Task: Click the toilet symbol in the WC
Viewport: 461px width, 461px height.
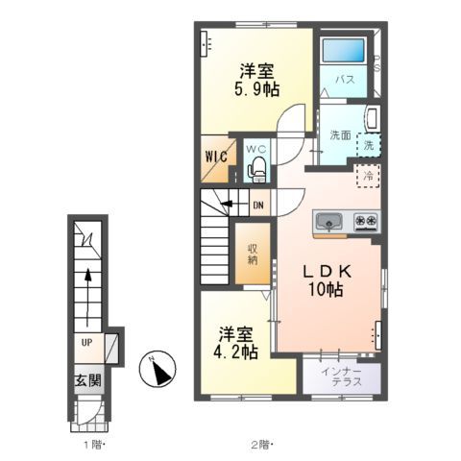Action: pyautogui.click(x=256, y=170)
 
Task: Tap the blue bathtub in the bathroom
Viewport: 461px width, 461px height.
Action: pyautogui.click(x=343, y=50)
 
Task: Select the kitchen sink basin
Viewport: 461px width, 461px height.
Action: pyautogui.click(x=328, y=221)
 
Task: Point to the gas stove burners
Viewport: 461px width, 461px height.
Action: pyautogui.click(x=366, y=221)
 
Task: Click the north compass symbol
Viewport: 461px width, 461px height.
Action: pyautogui.click(x=158, y=369)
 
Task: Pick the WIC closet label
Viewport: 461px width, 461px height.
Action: pyautogui.click(x=216, y=157)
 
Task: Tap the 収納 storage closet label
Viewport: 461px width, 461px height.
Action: pyautogui.click(x=253, y=255)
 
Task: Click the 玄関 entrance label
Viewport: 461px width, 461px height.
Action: pyautogui.click(x=88, y=380)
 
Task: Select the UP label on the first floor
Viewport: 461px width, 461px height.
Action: pyautogui.click(x=86, y=343)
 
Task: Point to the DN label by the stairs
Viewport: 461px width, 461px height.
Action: pyautogui.click(x=258, y=205)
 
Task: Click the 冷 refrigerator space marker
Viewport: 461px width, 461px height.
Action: pyautogui.click(x=368, y=176)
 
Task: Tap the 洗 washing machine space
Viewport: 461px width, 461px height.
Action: pyautogui.click(x=369, y=145)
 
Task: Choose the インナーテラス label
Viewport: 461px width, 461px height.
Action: pyautogui.click(x=342, y=376)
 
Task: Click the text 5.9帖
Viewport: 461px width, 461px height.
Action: pyautogui.click(x=257, y=89)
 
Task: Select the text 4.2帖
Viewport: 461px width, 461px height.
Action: pyautogui.click(x=235, y=352)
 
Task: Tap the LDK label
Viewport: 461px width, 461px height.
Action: pyautogui.click(x=328, y=272)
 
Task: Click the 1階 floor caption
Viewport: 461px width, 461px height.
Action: pyautogui.click(x=94, y=445)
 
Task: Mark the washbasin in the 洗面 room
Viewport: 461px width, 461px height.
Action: pyautogui.click(x=373, y=119)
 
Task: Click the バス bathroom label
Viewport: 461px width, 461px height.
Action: pyautogui.click(x=345, y=80)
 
